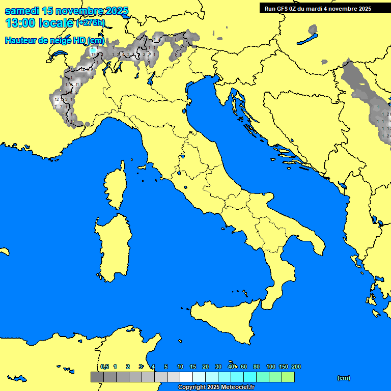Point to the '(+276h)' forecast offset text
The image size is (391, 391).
(91, 23)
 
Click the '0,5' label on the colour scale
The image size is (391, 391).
(104, 367)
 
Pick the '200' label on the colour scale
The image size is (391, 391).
(296, 367)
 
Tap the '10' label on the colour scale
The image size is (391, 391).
(180, 367)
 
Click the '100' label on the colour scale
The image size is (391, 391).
(271, 367)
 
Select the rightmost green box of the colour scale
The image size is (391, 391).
(288, 377)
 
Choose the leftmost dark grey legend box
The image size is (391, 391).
(97, 377)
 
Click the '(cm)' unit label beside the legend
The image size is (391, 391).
(344, 378)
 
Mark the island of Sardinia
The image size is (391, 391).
(113, 244)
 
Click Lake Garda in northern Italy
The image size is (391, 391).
(151, 78)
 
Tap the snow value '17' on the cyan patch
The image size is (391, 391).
(93, 53)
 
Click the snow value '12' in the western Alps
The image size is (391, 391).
(57, 99)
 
